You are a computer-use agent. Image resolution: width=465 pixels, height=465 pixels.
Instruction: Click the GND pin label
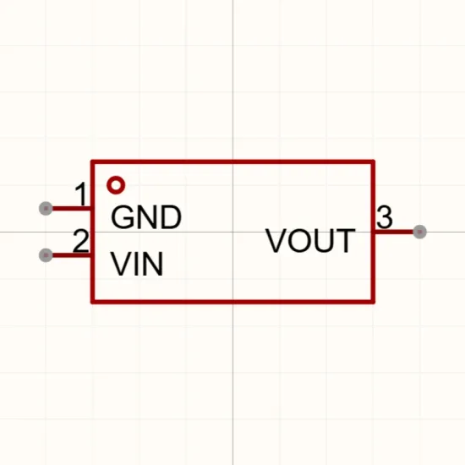(146, 217)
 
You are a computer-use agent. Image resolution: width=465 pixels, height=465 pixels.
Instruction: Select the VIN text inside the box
(137, 264)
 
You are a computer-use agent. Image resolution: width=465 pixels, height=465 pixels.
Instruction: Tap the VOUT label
(310, 240)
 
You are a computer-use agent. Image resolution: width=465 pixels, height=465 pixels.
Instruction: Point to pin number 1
(81, 194)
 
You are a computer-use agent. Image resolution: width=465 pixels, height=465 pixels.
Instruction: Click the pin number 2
(80, 240)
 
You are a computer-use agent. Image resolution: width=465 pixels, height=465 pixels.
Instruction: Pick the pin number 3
(385, 217)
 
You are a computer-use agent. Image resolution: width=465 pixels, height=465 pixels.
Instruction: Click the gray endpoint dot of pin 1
(46, 209)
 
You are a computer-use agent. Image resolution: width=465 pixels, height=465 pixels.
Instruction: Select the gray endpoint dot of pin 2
(46, 255)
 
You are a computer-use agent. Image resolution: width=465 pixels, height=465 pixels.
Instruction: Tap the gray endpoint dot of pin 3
(419, 232)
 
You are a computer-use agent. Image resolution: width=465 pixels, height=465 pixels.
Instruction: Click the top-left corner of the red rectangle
(92, 161)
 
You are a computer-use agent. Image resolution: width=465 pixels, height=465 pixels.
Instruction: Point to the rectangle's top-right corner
(373, 161)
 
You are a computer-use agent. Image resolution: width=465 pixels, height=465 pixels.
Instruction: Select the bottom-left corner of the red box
(92, 302)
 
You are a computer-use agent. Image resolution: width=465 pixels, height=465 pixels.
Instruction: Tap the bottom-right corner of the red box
(373, 302)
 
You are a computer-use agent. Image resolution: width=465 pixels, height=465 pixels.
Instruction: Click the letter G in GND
(123, 217)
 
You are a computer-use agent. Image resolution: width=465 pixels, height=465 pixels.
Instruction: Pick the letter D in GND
(171, 217)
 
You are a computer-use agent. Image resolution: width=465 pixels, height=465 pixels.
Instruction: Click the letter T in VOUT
(346, 240)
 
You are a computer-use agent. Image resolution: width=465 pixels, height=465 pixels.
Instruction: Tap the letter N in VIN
(153, 264)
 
